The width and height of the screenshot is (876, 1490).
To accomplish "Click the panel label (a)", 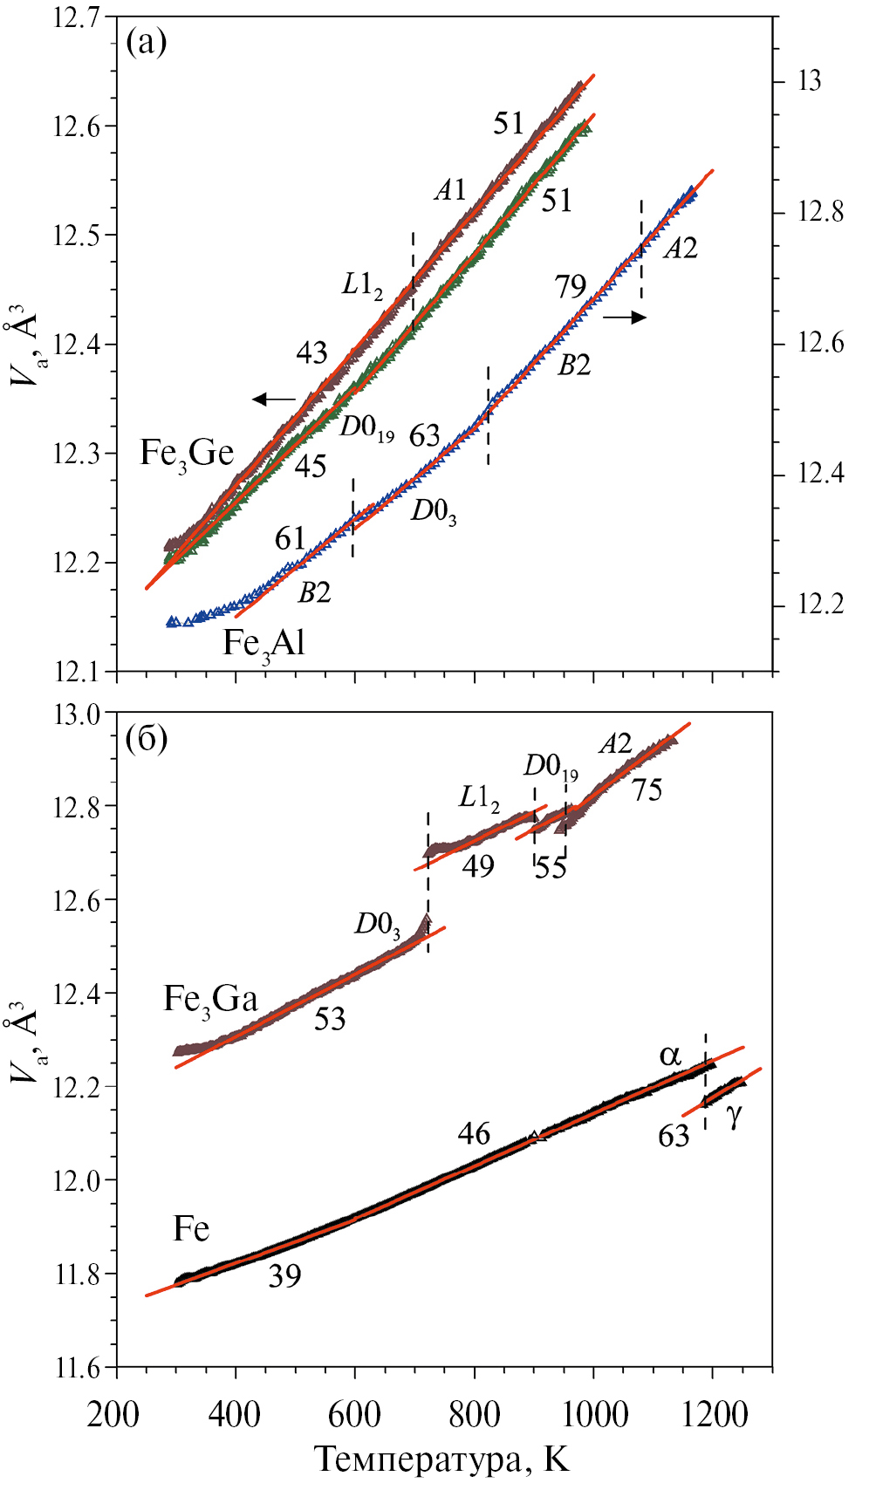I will (x=146, y=42).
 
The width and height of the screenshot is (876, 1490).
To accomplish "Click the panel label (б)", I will (x=146, y=739).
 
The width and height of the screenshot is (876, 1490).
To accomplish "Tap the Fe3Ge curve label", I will (x=187, y=454).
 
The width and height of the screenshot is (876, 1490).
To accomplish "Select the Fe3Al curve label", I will (x=263, y=644).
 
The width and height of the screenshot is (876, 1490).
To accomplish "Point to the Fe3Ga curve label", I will (x=210, y=999).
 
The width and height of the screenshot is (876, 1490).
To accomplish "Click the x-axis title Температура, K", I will (x=441, y=1459).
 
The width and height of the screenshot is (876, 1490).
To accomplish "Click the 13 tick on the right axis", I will (x=809, y=81).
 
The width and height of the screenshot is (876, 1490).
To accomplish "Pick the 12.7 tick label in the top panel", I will (x=77, y=17).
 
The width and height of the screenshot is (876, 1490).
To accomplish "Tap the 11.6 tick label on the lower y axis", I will (x=77, y=1368).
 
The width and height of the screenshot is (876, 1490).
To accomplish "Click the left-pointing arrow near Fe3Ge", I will (x=274, y=400).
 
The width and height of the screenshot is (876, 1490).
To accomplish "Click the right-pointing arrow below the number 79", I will (x=625, y=318).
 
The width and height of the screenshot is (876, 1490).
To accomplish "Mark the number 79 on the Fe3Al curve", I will (x=571, y=286).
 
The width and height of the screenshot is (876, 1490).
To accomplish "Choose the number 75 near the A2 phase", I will (x=647, y=790).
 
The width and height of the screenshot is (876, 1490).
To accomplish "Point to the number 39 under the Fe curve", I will (x=284, y=1276).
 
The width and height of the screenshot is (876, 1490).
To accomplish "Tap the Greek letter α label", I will (x=670, y=1056).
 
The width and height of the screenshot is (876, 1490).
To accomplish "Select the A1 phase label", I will (x=450, y=190).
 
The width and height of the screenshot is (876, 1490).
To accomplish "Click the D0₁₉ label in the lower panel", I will (x=551, y=767).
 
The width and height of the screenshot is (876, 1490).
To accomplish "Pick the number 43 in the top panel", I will (x=311, y=352).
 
